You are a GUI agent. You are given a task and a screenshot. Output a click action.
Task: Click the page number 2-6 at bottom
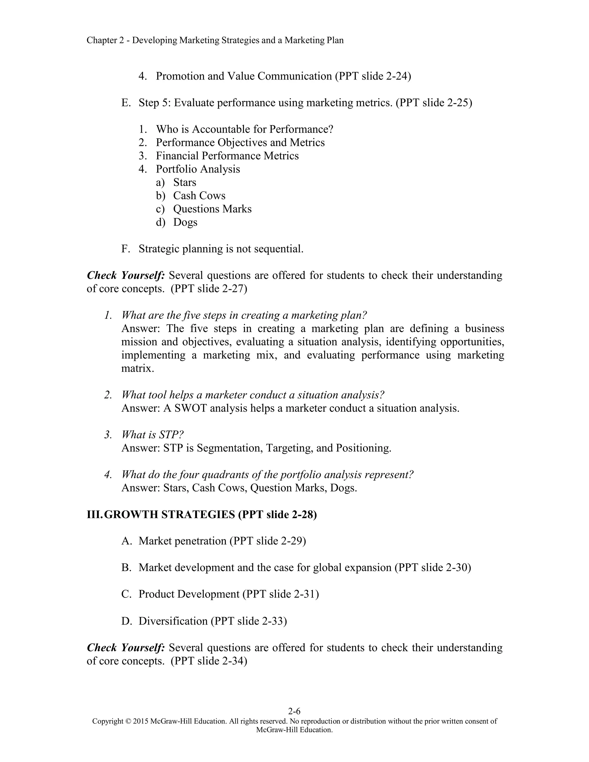[x=294, y=711]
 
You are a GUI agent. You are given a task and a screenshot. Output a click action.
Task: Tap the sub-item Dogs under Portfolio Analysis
[x=185, y=222]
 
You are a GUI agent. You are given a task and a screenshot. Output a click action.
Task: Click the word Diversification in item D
[x=173, y=621]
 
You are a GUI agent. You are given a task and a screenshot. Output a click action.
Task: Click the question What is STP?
[x=152, y=434]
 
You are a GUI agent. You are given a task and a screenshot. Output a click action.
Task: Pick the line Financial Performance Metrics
[x=227, y=156]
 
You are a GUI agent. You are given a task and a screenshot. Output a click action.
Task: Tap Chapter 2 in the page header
[x=105, y=41]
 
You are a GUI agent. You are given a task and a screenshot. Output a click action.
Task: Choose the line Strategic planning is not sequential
[x=221, y=249]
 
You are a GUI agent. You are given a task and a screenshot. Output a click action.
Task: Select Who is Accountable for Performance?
[x=244, y=129]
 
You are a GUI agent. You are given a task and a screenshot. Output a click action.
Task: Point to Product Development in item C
[x=189, y=594]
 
